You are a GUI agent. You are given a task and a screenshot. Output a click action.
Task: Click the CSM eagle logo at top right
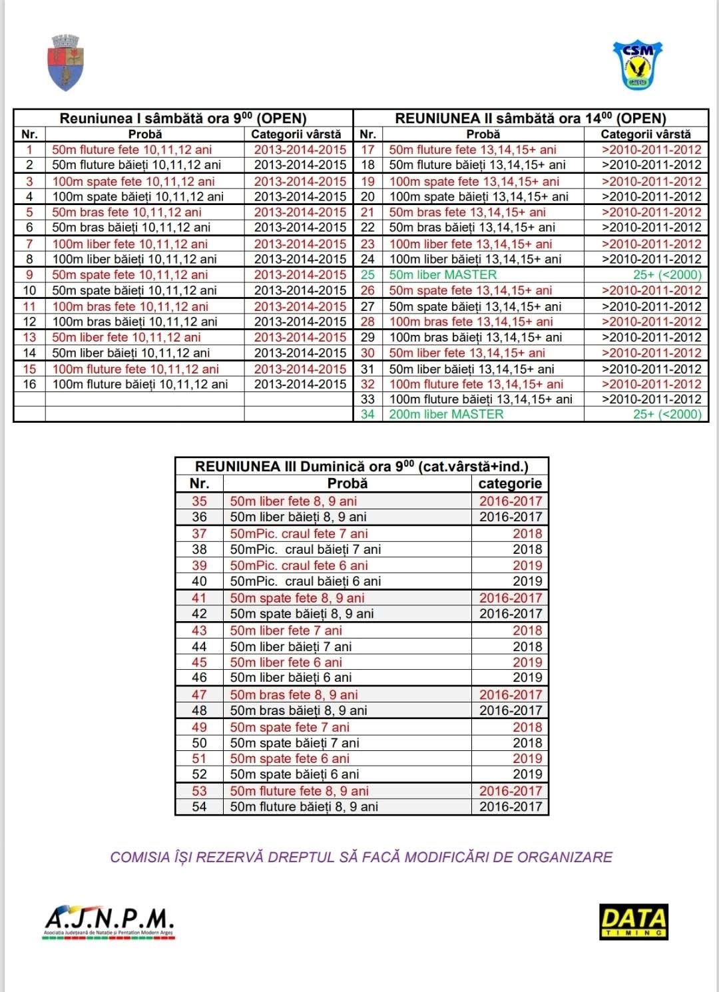(x=638, y=65)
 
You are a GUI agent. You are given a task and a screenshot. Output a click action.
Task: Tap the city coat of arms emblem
(x=66, y=63)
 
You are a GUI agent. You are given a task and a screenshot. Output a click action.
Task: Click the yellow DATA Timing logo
(x=633, y=921)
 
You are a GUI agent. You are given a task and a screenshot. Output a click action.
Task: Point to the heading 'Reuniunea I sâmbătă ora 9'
(x=183, y=119)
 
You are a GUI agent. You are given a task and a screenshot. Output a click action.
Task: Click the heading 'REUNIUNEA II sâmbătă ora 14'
(x=530, y=119)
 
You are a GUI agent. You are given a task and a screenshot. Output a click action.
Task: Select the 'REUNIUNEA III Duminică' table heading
(x=361, y=466)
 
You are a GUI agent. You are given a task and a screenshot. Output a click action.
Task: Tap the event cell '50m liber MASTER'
(x=443, y=275)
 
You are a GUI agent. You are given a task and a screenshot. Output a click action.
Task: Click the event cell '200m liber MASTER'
(x=446, y=414)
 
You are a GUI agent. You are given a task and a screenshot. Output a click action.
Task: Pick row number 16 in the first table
(x=29, y=384)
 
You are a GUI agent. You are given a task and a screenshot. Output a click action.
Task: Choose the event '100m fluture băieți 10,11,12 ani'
(x=140, y=384)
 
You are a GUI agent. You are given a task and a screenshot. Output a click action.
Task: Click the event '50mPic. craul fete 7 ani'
(x=299, y=533)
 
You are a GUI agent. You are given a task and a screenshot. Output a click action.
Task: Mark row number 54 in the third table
(x=199, y=806)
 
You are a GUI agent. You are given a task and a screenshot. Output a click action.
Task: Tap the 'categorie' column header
(x=510, y=483)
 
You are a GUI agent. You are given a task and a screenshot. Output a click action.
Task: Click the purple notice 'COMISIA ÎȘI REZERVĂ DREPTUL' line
(x=361, y=857)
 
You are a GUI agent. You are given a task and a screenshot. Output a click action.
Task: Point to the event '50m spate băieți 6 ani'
(x=294, y=774)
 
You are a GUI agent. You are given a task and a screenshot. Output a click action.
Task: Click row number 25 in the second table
(x=367, y=275)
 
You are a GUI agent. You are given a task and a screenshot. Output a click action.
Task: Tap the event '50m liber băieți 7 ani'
(x=291, y=646)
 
